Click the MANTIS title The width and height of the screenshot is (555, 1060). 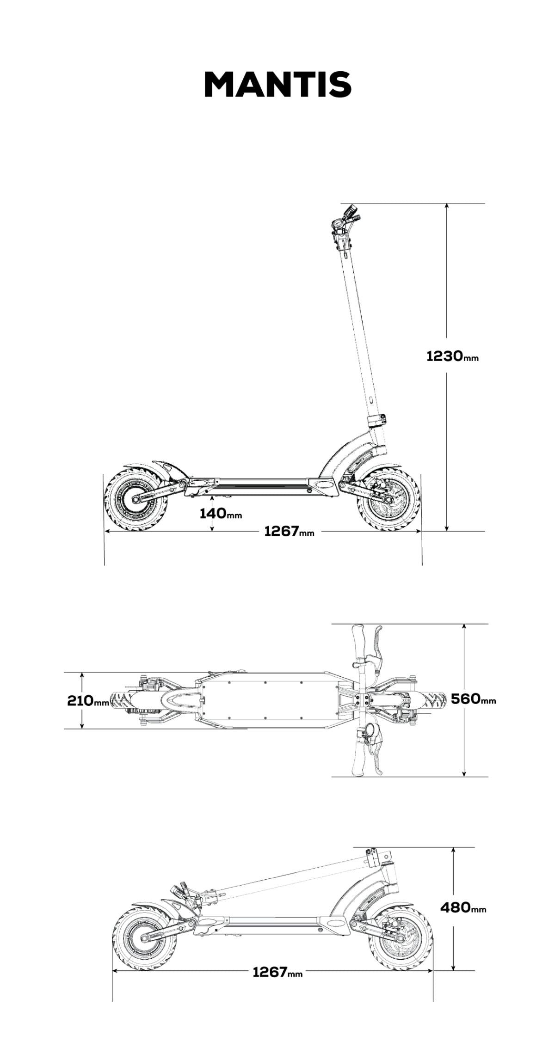click(277, 84)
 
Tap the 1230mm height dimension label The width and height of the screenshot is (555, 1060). click(452, 356)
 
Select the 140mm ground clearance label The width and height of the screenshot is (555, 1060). click(221, 513)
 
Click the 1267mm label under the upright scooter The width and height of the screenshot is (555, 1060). click(289, 531)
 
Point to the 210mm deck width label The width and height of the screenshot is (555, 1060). click(88, 700)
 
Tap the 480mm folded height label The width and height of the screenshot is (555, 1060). click(463, 907)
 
